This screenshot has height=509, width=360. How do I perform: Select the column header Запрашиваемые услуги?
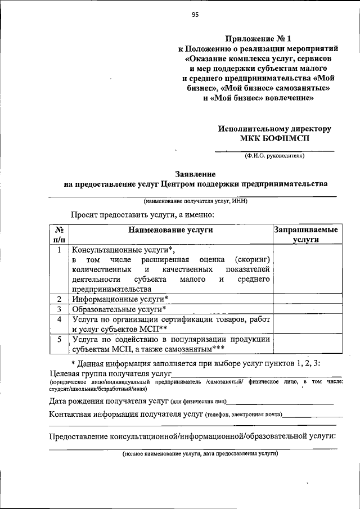[305, 235]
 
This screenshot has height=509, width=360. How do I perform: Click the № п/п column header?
[58, 235]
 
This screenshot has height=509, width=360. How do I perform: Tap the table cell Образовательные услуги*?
[119, 309]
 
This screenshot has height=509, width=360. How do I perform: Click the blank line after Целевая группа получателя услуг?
[256, 376]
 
